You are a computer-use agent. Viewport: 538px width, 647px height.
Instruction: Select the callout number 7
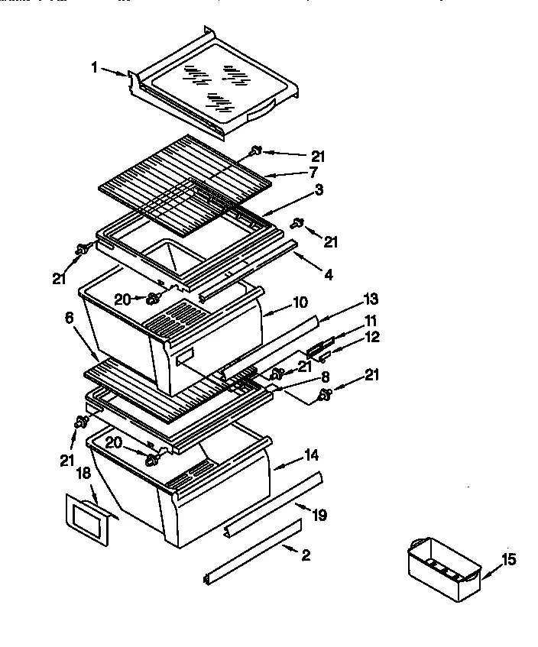(313, 173)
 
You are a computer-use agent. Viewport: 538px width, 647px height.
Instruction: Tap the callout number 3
(318, 189)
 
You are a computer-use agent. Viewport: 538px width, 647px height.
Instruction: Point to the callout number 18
(83, 474)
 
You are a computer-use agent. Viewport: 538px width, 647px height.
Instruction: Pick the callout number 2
(306, 555)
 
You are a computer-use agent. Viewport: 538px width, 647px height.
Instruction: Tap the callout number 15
(509, 560)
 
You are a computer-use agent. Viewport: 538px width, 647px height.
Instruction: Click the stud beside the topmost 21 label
(256, 151)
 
